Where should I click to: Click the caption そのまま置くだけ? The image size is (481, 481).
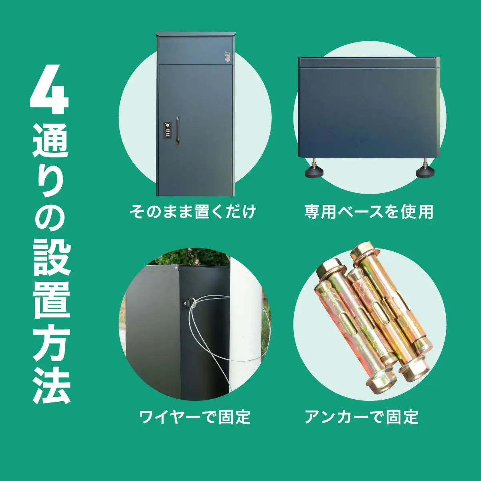[193, 211]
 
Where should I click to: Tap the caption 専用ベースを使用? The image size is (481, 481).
[369, 211]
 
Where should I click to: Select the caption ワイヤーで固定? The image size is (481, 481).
[195, 417]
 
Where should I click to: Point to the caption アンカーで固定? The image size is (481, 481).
[362, 417]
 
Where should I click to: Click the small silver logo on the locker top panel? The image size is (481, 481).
[227, 58]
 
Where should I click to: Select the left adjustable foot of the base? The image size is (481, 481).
[314, 170]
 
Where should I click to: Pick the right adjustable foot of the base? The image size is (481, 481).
[425, 170]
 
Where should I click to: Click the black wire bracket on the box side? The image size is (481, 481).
[188, 303]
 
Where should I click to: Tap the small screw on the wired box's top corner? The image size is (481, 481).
[176, 267]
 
